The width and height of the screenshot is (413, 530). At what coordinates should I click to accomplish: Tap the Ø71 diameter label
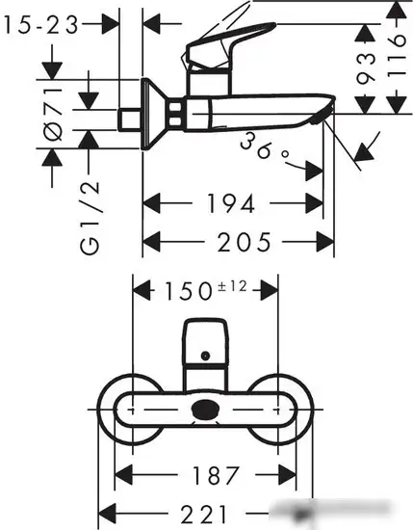pyautogui.click(x=54, y=114)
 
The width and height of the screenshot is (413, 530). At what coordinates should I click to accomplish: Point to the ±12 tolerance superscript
pyautogui.click(x=237, y=283)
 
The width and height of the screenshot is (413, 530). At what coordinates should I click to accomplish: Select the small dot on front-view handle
pyautogui.click(x=205, y=357)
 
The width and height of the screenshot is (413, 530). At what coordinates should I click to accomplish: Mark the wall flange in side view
pyautogui.click(x=148, y=114)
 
